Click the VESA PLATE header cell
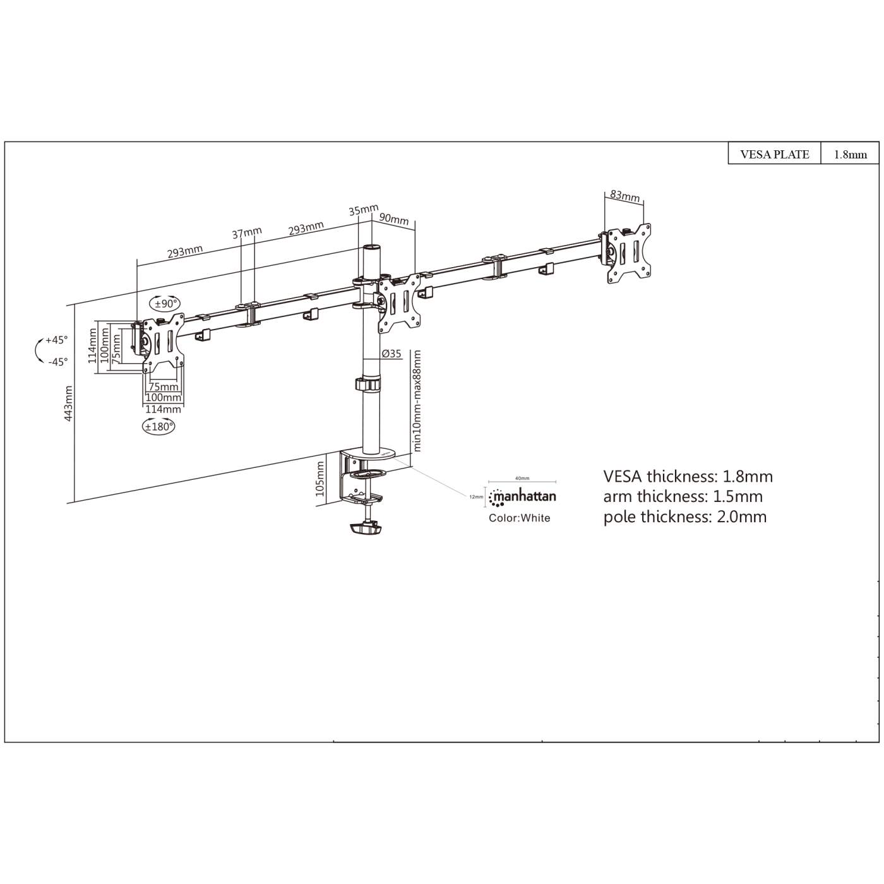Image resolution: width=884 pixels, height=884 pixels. point(774,154)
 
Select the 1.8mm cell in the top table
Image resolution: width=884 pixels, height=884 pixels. point(850,154)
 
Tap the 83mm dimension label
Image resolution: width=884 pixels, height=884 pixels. point(624,196)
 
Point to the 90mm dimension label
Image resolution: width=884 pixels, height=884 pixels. point(394,218)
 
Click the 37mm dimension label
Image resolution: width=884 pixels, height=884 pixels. point(246,233)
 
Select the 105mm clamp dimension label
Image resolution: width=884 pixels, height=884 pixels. point(320,478)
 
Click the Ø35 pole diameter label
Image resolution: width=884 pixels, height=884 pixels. point(391,354)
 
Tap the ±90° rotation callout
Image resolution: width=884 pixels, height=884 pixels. point(164,304)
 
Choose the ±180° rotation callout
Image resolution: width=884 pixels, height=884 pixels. point(158,426)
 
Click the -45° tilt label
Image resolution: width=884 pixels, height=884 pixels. point(57,362)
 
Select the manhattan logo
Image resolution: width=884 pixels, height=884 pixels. point(523,496)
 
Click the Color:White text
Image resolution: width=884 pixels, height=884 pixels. point(519,518)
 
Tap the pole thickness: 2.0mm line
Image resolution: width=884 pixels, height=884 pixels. point(684,517)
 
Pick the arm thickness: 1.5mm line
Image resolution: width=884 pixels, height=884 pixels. point(683,496)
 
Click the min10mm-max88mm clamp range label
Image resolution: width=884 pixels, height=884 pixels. point(416,400)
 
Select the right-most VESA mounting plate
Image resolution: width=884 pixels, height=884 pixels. point(629,253)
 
